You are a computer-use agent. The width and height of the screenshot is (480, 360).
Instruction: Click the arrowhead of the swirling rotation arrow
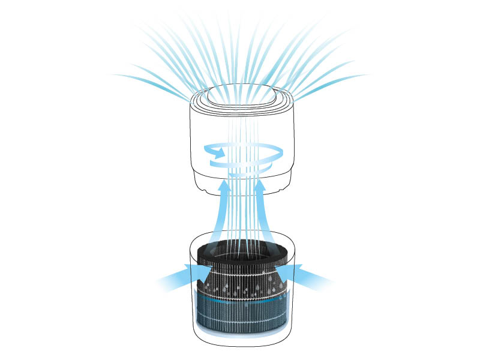pos(211,154)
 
